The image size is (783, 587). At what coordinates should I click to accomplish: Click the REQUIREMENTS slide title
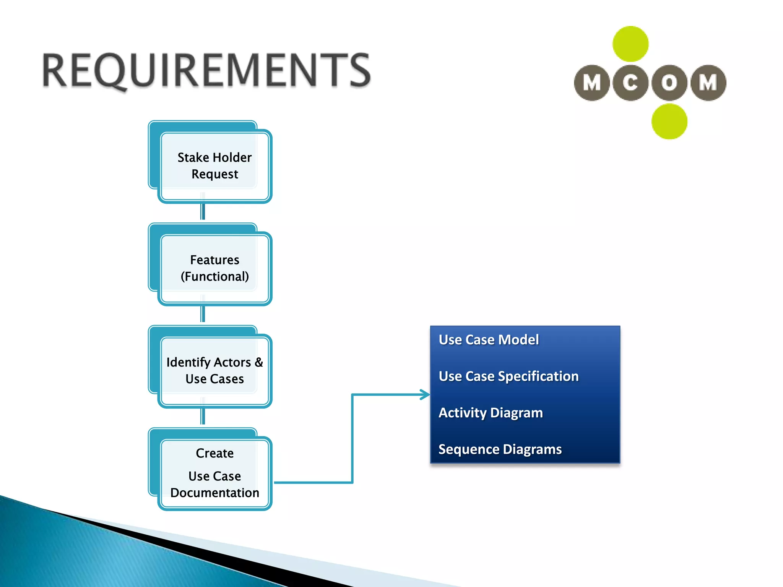[x=206, y=71]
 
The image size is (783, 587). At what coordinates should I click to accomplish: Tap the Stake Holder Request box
[x=214, y=165]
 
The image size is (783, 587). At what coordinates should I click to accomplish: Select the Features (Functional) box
[x=214, y=268]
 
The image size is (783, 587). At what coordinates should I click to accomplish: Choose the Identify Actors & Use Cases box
[x=214, y=370]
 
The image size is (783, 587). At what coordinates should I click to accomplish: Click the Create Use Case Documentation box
[x=214, y=473]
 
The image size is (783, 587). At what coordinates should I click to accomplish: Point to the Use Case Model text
[x=489, y=340]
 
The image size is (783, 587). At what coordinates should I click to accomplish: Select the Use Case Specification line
[x=508, y=376]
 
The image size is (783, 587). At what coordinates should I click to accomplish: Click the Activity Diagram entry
[x=491, y=413]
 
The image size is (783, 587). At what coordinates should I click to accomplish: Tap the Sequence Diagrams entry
[x=500, y=449]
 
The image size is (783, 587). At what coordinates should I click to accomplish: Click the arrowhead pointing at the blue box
[x=425, y=394]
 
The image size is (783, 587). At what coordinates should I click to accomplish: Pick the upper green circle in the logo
[x=630, y=44]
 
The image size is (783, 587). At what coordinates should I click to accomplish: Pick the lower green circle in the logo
[x=669, y=122]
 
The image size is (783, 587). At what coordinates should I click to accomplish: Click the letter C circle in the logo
[x=630, y=83]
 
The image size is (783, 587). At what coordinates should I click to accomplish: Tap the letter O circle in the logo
[x=669, y=83]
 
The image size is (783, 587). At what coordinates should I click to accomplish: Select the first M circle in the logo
[x=592, y=83]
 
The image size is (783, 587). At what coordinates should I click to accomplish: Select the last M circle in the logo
[x=708, y=83]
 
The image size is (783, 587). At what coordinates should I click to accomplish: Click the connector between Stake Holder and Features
[x=203, y=212]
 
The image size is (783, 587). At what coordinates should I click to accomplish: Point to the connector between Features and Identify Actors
[x=203, y=314]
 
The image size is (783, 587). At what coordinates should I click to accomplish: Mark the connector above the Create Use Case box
[x=203, y=417]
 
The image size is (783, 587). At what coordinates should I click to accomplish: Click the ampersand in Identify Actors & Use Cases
[x=259, y=362]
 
